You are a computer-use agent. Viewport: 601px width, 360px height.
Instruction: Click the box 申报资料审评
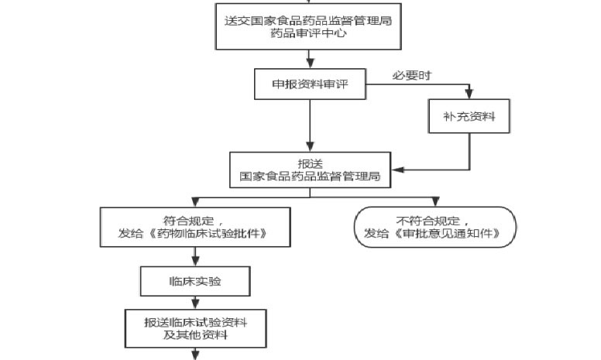coord(309,84)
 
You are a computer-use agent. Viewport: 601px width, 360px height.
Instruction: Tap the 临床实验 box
coord(194,281)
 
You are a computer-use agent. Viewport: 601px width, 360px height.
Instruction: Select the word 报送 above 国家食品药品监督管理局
coord(310,163)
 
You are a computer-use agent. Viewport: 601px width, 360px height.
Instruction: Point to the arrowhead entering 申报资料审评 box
coord(310,63)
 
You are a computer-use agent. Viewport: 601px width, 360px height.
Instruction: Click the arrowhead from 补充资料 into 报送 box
coord(396,169)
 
